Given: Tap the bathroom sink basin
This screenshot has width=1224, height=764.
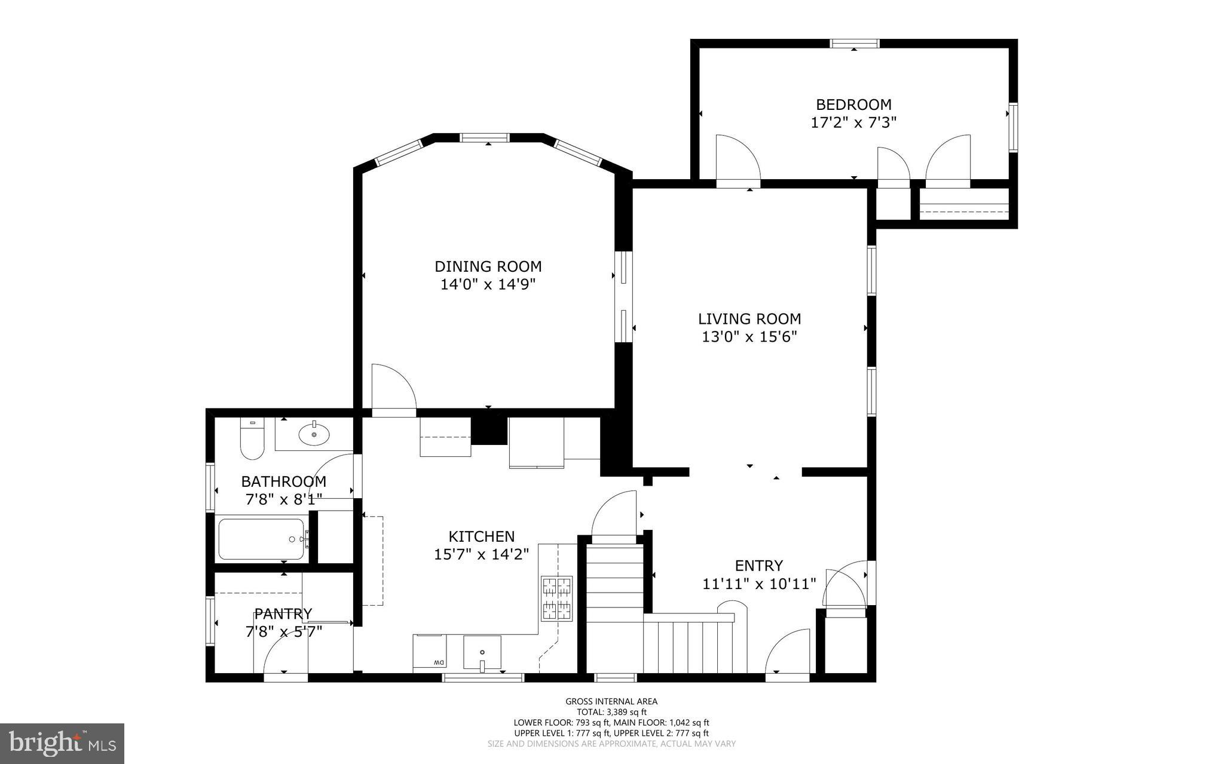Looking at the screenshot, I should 314,434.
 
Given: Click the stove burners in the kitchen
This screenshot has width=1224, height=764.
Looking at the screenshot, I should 556,598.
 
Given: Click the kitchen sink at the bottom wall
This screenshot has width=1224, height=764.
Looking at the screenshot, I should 482,652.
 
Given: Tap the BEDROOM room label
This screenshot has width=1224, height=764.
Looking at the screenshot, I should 853,105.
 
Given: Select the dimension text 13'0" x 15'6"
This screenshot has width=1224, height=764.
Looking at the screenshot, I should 749,337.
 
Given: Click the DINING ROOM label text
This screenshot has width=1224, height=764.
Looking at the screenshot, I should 488,266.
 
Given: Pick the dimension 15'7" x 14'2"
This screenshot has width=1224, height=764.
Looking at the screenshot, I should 481,554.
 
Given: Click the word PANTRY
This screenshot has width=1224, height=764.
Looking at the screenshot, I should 283,613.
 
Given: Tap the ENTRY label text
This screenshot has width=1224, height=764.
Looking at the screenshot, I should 758,565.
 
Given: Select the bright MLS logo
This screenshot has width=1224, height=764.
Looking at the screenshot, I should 62,743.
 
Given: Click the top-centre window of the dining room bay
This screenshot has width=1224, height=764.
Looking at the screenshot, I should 484,138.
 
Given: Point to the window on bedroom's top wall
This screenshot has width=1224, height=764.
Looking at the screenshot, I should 854,44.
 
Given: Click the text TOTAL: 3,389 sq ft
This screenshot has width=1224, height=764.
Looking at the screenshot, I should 611,712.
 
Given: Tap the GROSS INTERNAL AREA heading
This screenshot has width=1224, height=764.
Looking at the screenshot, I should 611,701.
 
